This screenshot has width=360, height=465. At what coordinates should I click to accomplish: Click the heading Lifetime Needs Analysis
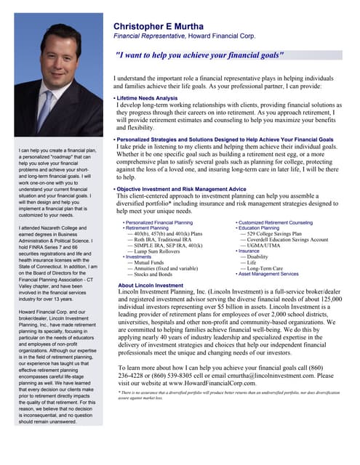(x=146, y=98)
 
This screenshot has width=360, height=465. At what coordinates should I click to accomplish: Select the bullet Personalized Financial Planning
(x=159, y=222)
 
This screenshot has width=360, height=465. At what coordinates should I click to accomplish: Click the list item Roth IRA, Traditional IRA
(x=159, y=239)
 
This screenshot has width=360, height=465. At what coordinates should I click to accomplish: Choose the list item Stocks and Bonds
(x=151, y=275)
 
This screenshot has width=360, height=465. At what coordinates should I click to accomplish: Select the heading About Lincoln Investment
(x=151, y=286)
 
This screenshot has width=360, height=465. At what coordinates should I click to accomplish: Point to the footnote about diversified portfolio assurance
(x=228, y=395)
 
